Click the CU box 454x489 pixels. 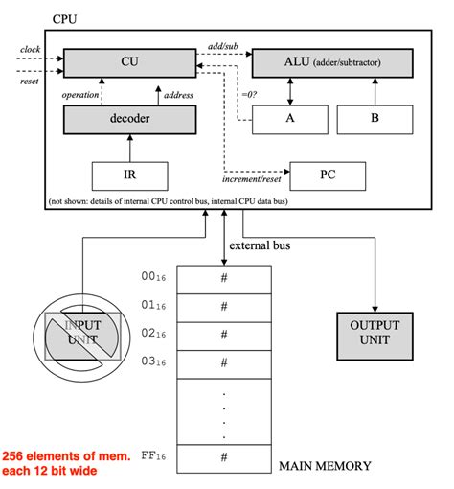tap(128, 62)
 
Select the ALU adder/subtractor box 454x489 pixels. tap(332, 62)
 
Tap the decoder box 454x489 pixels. tap(128, 120)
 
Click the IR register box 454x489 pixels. tap(128, 175)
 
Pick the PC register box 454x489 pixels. tap(328, 175)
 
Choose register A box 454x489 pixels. tap(289, 120)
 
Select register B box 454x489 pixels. tap(375, 120)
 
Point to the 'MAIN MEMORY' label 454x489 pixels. tap(324, 466)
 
